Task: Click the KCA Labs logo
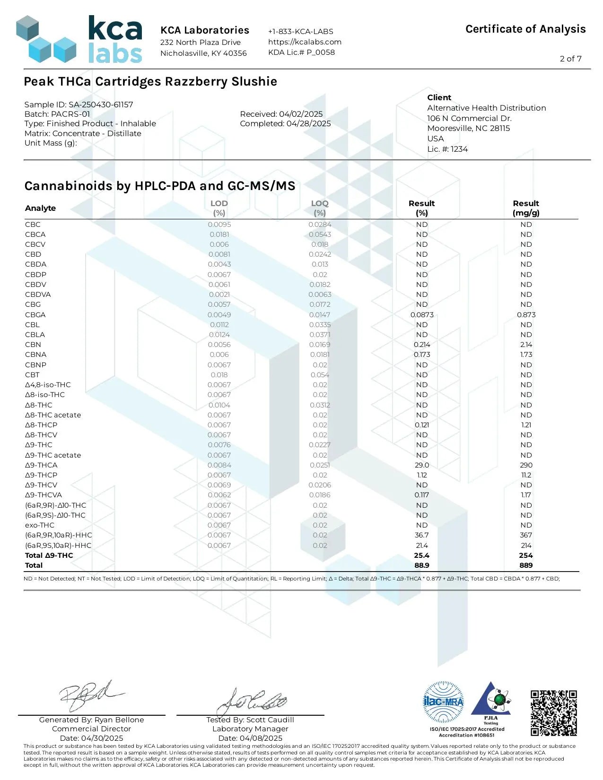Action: [79, 40]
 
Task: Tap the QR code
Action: [553, 713]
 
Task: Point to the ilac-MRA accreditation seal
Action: [443, 702]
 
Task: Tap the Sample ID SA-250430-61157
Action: [79, 104]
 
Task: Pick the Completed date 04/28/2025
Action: [285, 123]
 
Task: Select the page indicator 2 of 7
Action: [570, 59]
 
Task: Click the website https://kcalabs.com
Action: [305, 42]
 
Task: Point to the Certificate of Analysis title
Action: [525, 29]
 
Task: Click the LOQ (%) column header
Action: [320, 208]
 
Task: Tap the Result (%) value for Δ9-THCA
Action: [422, 465]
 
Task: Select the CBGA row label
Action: [35, 315]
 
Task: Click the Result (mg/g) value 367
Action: [526, 535]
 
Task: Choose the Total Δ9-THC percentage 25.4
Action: [422, 555]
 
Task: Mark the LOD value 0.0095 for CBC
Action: [219, 225]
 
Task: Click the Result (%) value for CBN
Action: [422, 345]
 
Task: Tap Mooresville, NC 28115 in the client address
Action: [468, 128]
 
